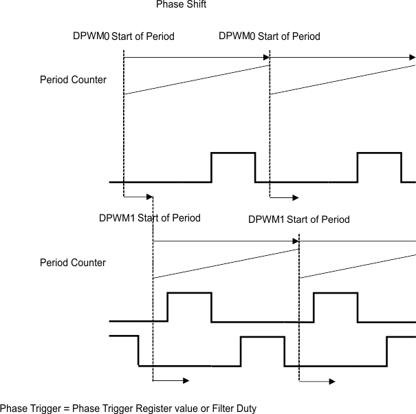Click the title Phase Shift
(x=181, y=5)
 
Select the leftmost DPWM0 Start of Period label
(x=123, y=36)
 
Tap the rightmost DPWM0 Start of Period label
(x=269, y=36)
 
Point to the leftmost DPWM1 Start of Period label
(x=149, y=218)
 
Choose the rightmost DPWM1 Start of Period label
(x=298, y=219)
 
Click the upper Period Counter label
(x=73, y=80)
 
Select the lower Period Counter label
(x=73, y=263)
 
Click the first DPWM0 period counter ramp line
(x=196, y=80)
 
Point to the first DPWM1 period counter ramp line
(x=226, y=263)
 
